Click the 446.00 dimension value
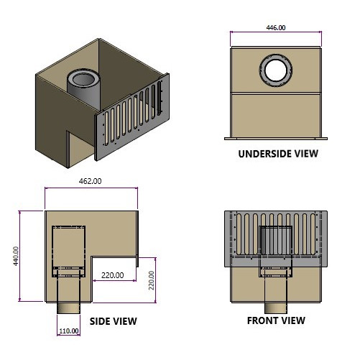pyautogui.click(x=275, y=28)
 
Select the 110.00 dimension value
pyautogui.click(x=70, y=331)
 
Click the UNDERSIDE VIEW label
pyautogui.click(x=277, y=153)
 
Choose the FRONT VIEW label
pyautogui.click(x=276, y=320)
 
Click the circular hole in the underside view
pyautogui.click(x=275, y=70)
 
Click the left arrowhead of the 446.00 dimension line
pyautogui.click(x=232, y=33)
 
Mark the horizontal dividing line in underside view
pyautogui.click(x=275, y=93)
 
